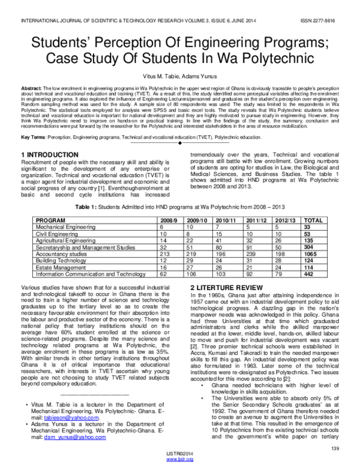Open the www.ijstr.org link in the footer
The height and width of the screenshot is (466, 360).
tap(179, 460)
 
